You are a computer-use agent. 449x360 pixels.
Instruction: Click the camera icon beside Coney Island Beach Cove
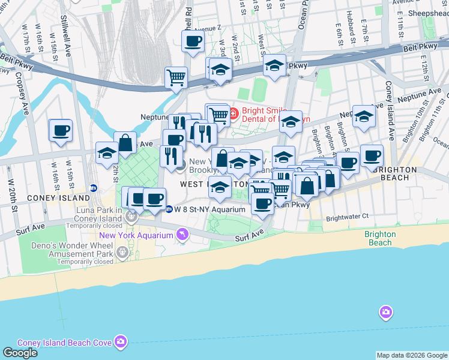tap(121, 342)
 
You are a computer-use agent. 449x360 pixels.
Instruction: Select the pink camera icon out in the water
tap(385, 312)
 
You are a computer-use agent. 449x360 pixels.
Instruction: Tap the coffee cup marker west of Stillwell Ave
tap(60, 131)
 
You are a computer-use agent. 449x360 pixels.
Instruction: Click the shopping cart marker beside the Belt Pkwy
tap(176, 77)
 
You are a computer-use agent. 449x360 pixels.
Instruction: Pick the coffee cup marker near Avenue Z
tap(193, 41)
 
